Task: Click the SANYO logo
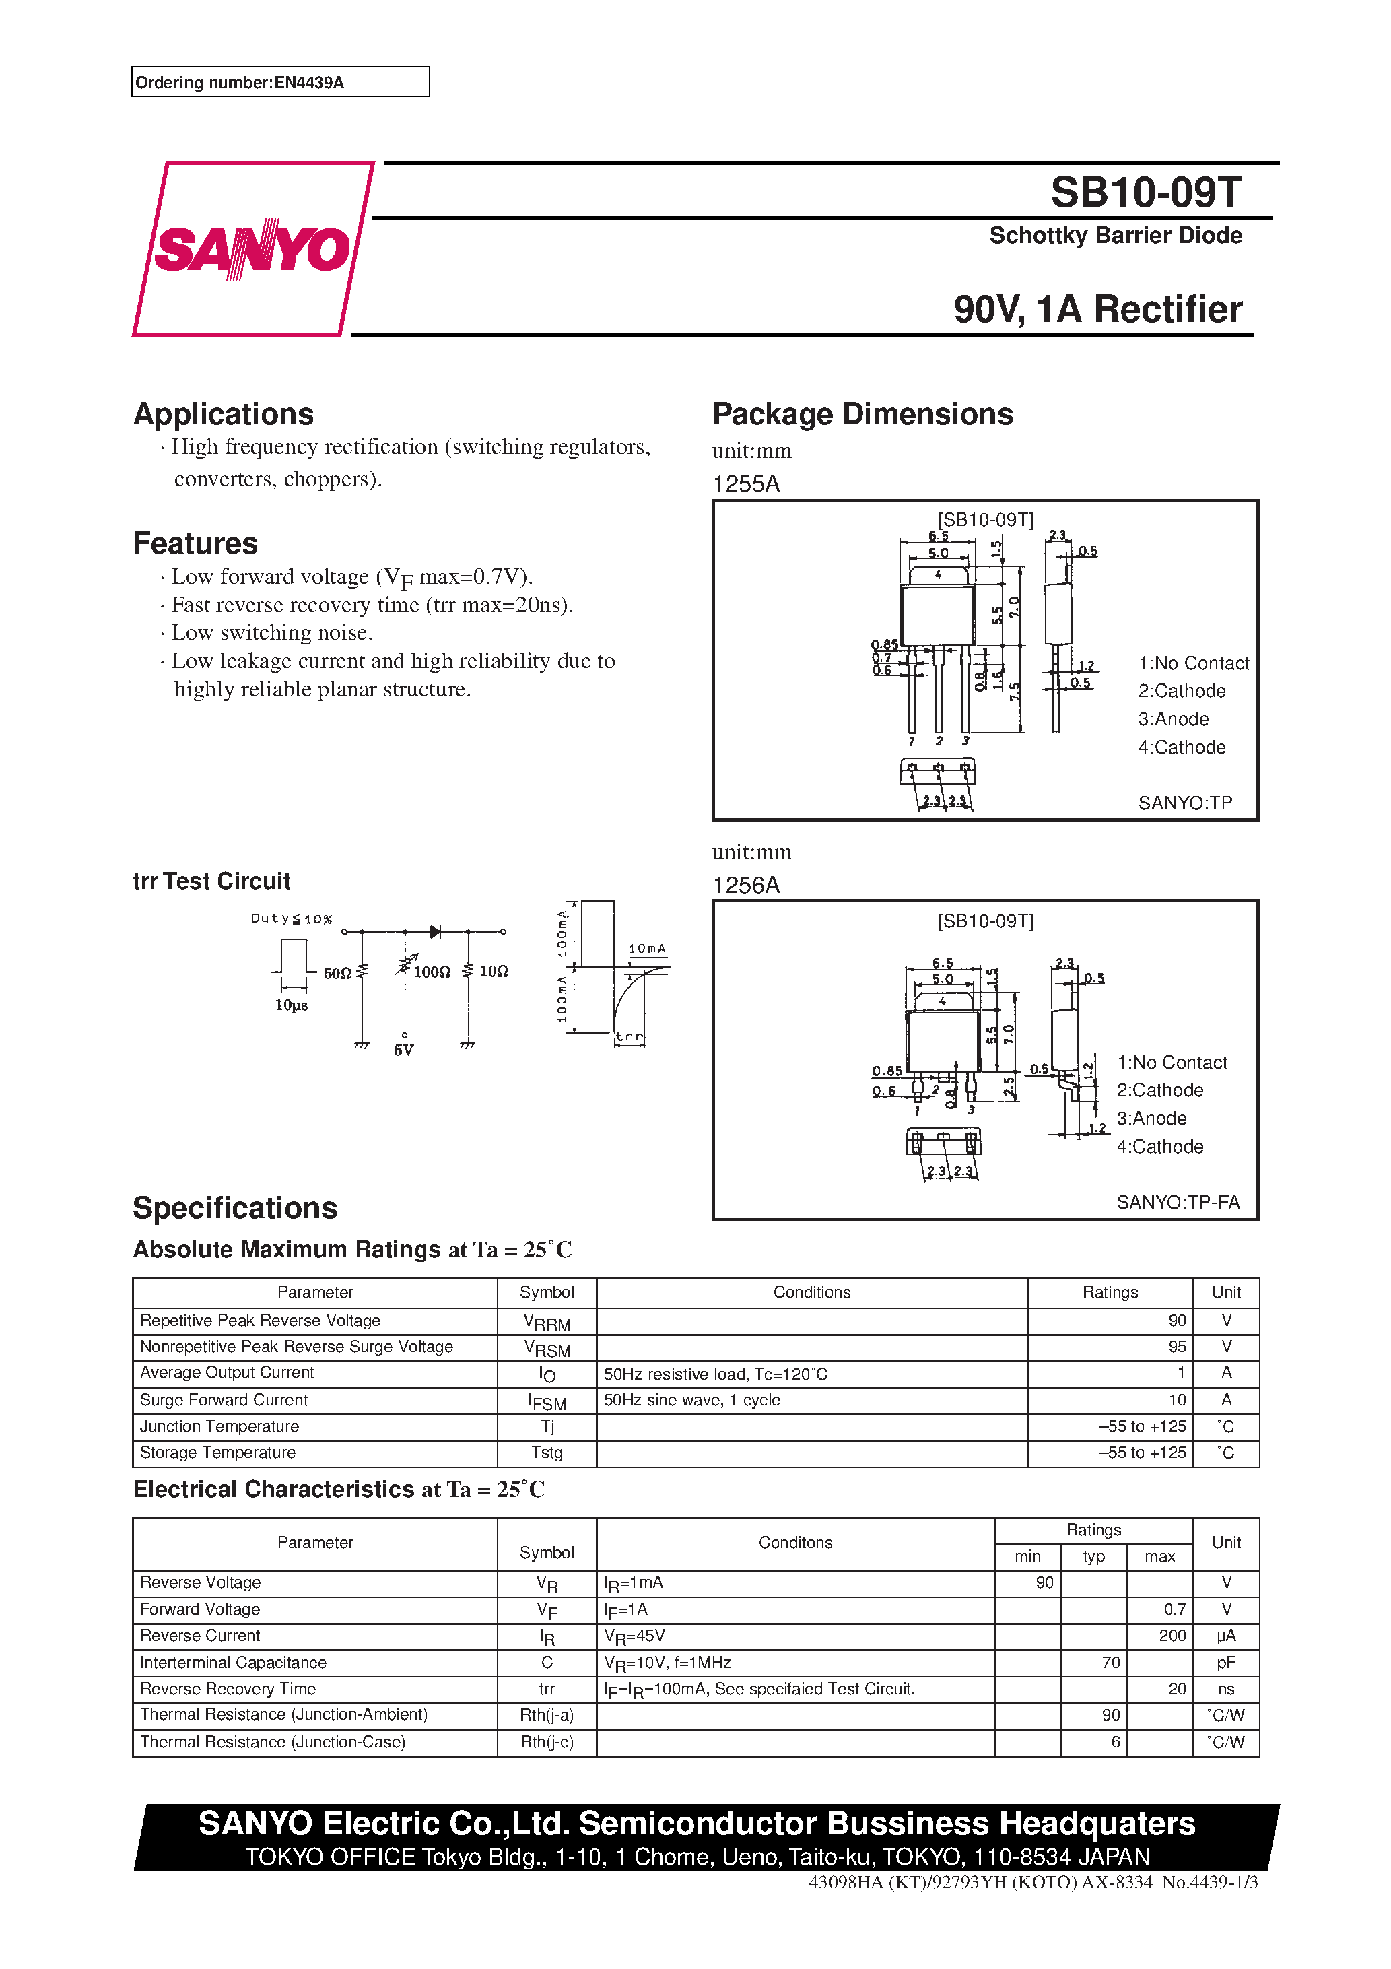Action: click(x=251, y=248)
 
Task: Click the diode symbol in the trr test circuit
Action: click(x=436, y=931)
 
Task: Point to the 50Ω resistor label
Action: click(x=337, y=973)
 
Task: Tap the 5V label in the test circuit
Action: click(x=404, y=1050)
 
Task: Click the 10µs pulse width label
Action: click(x=291, y=1005)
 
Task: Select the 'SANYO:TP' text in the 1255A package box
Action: click(x=1184, y=803)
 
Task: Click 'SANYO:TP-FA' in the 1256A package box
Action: click(x=1178, y=1202)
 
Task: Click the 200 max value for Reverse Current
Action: click(x=1172, y=1636)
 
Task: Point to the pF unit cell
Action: click(x=1225, y=1663)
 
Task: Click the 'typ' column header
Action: click(x=1093, y=1556)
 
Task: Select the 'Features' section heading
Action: click(x=195, y=543)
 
